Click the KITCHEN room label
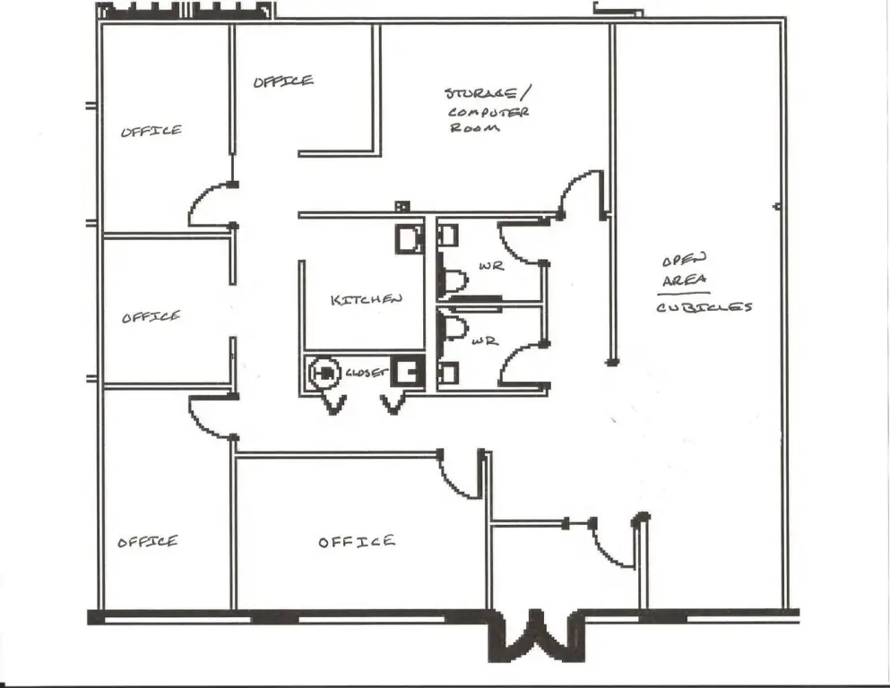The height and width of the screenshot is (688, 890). click(x=366, y=300)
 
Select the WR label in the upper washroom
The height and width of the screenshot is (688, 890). click(x=490, y=266)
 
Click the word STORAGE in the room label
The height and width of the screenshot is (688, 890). click(x=480, y=94)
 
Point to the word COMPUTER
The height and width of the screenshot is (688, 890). click(x=488, y=112)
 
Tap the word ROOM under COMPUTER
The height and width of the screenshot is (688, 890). click(x=475, y=129)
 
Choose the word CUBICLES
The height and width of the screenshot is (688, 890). click(x=704, y=307)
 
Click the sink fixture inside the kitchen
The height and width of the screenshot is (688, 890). click(x=409, y=238)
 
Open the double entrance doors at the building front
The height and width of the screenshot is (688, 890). click(x=535, y=633)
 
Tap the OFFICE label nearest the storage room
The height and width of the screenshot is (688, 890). click(x=283, y=82)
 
